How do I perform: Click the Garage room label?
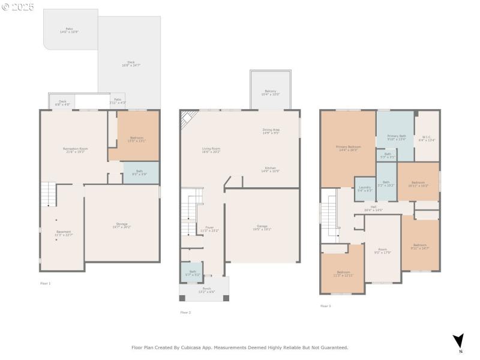262,227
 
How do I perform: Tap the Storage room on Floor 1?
122,226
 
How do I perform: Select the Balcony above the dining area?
271,92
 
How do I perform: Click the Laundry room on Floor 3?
365,188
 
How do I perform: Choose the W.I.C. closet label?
427,139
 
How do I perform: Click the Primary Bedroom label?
348,148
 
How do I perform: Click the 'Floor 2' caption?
185,312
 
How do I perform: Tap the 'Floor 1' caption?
46,283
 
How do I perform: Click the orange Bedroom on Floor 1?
137,139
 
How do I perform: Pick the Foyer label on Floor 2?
209,229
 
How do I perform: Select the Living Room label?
211,150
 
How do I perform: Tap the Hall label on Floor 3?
373,208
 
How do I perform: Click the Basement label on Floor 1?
64,233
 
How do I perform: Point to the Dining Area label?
271,131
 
